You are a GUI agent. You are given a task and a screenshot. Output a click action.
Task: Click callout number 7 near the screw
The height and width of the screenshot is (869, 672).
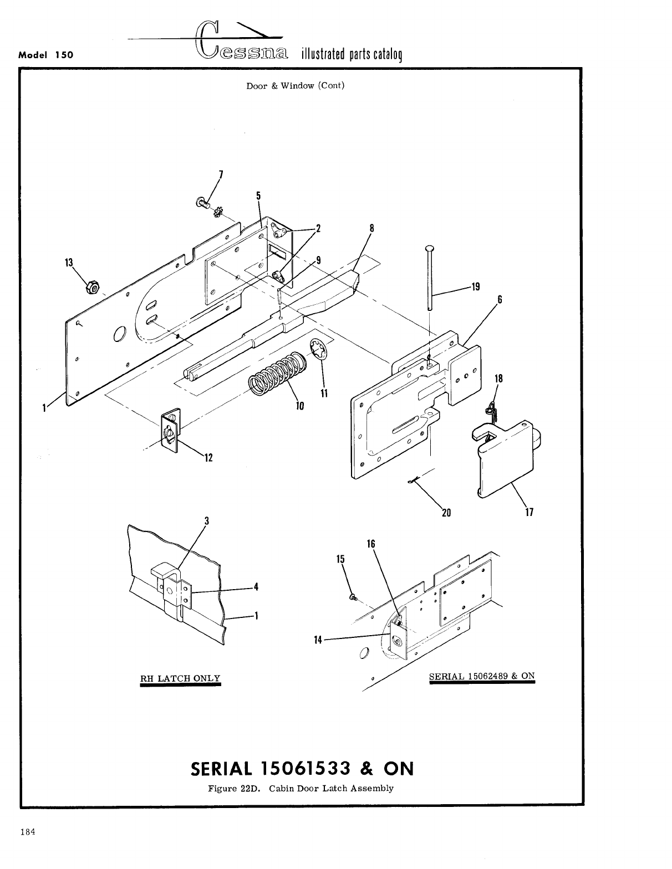[221, 175]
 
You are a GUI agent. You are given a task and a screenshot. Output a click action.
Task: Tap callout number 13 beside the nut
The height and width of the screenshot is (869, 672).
[69, 263]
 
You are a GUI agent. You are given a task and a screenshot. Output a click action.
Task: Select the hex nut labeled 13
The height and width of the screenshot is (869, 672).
[92, 288]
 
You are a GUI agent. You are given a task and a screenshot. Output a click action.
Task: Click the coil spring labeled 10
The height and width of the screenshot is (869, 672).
[274, 375]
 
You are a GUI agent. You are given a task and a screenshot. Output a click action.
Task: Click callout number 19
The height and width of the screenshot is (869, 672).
[475, 287]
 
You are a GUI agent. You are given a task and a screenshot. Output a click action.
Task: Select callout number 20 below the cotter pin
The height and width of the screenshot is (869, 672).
[446, 512]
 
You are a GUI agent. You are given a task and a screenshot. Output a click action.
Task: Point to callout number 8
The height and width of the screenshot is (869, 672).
[371, 227]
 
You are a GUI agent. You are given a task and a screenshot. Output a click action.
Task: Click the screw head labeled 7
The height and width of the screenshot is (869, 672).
[201, 204]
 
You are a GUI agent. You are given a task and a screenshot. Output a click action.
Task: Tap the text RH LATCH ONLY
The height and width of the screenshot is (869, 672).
[180, 678]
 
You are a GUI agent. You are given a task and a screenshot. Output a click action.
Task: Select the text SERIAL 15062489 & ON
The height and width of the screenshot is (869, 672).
[482, 676]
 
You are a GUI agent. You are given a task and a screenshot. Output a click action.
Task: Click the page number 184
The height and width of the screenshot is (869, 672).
[28, 831]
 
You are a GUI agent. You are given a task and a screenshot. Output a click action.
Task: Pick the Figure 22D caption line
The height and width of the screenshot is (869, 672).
[301, 788]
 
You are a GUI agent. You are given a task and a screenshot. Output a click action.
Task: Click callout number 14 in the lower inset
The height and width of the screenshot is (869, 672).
[318, 640]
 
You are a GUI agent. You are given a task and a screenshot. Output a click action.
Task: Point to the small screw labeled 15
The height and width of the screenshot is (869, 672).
[353, 596]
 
